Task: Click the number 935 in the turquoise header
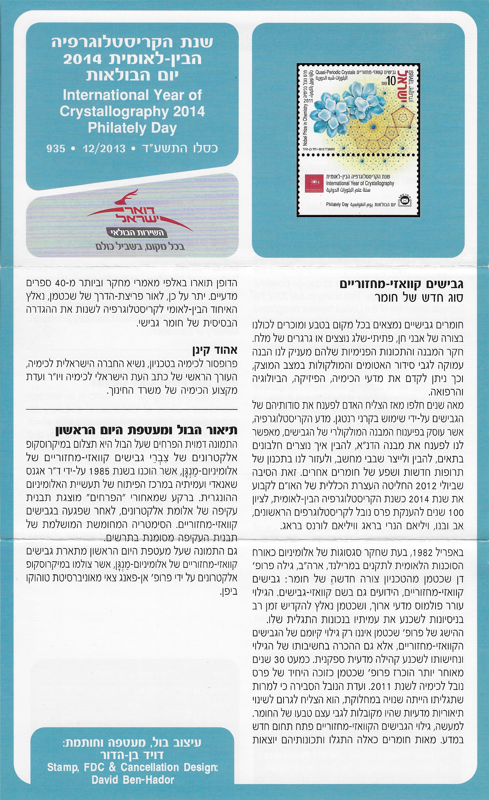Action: pos(56,149)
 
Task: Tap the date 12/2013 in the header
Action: pos(104,149)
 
